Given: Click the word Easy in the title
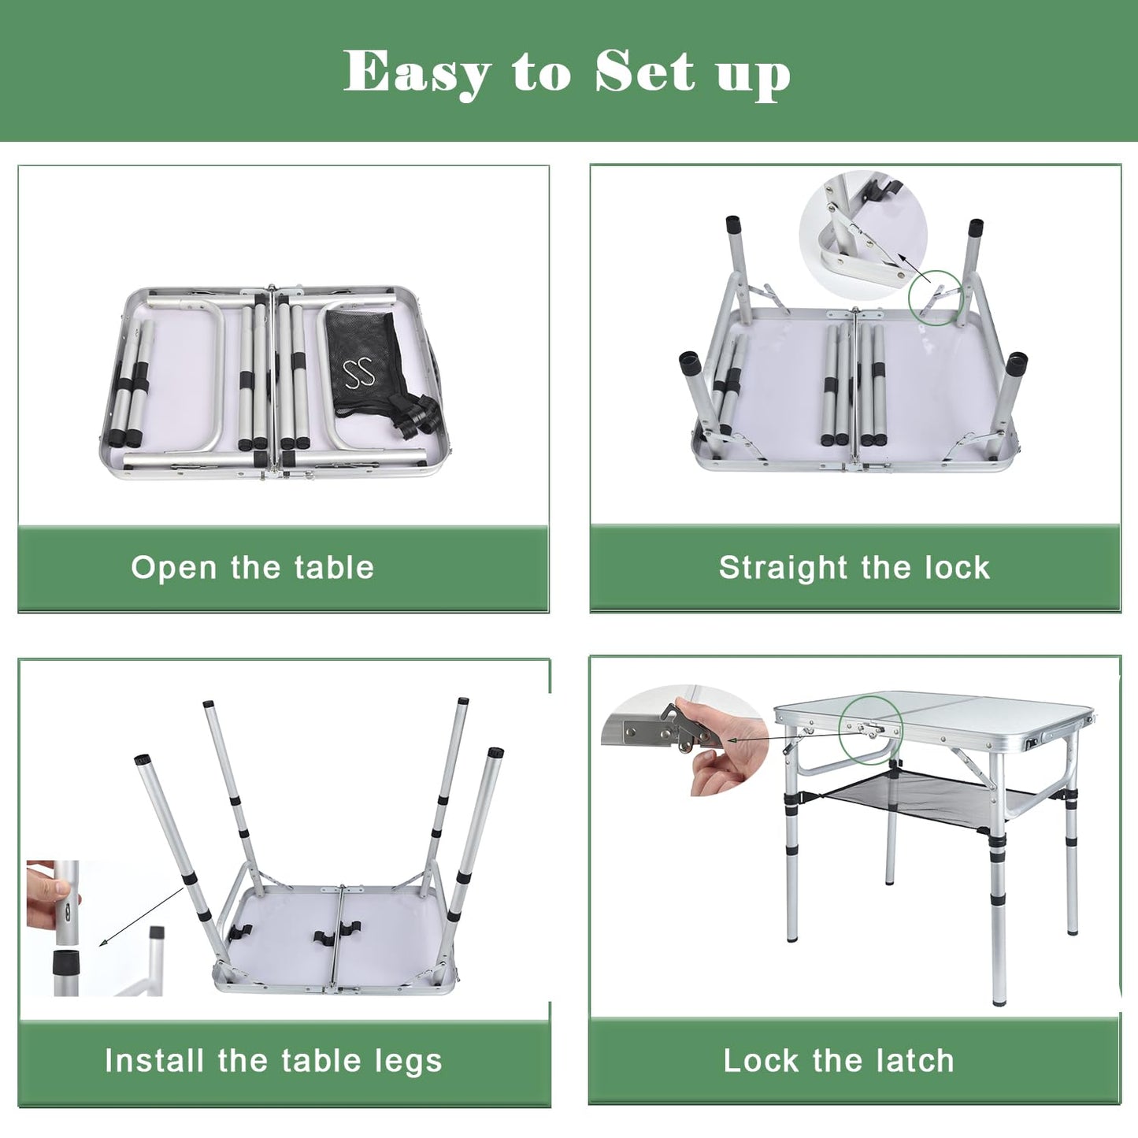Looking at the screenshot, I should point(417,72).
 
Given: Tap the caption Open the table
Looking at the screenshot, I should point(252,568).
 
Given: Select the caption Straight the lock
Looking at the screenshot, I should point(854,568).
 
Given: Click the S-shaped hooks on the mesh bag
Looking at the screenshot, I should point(358,373).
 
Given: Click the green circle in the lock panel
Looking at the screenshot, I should point(936,298).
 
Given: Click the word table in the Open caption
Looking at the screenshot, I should point(334,568).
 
